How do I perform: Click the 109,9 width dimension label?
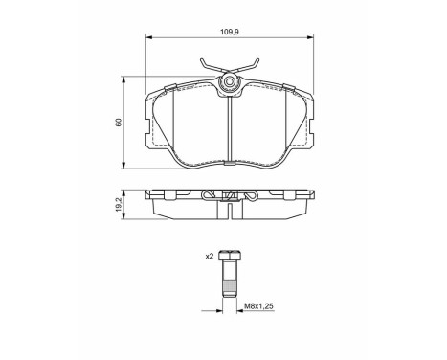[x=230, y=32]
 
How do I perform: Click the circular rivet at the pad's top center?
[x=230, y=84]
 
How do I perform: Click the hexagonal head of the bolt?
[x=230, y=257]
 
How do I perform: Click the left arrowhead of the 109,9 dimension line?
[x=148, y=39]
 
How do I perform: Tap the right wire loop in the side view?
[x=251, y=196]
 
